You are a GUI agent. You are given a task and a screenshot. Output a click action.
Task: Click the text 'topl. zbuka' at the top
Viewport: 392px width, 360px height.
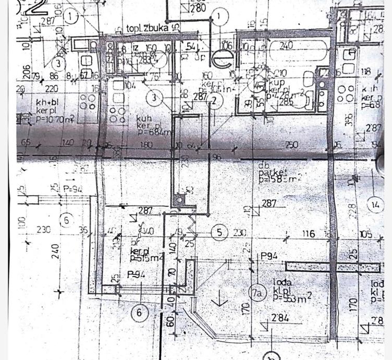click(148, 28)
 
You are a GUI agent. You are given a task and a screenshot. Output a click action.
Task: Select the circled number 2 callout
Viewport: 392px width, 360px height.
click(213, 101)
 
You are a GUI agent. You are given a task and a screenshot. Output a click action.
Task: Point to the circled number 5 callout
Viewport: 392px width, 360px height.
click(219, 231)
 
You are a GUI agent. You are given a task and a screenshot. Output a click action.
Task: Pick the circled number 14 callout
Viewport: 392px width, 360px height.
click(375, 205)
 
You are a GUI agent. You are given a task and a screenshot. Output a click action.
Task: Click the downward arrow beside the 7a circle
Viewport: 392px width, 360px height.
click(219, 298)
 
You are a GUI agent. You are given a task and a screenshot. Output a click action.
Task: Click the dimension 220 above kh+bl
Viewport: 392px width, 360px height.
click(52, 89)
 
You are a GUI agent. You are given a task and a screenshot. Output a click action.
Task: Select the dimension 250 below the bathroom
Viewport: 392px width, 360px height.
click(292, 145)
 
